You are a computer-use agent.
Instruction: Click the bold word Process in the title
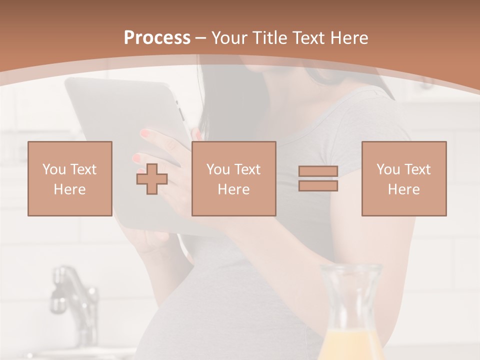coord(157,38)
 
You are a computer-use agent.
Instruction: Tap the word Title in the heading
coord(270,38)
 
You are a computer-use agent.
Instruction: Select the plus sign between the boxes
coord(152,179)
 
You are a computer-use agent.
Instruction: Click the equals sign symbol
coord(318,178)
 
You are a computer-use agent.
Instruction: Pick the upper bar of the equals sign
coord(318,171)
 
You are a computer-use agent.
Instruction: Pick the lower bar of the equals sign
coord(318,185)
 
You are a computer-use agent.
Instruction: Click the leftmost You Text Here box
coord(70,178)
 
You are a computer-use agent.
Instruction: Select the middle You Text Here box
coord(233,178)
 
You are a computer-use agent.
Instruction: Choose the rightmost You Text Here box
coord(404,178)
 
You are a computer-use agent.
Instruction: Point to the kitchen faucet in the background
coord(75,295)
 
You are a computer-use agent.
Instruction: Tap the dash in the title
coord(201,38)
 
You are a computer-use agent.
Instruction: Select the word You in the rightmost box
coord(388,169)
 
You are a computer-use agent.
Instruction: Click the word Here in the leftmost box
coord(70,189)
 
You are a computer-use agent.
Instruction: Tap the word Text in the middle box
coord(247,169)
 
